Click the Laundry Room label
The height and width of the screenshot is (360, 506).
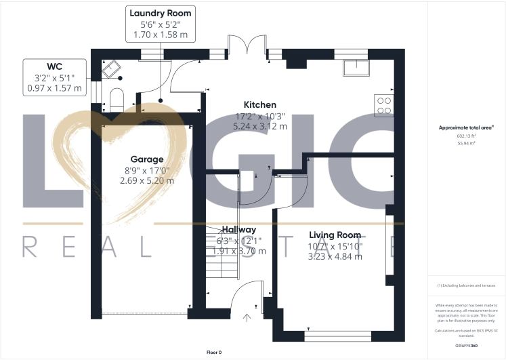click(160, 13)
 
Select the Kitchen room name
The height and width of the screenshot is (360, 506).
click(260, 105)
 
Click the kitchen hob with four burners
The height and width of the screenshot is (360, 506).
click(384, 104)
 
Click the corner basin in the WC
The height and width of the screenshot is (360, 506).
click(110, 67)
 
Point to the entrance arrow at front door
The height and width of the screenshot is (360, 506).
click(247, 316)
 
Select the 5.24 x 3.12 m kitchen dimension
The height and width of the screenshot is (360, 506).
click(260, 126)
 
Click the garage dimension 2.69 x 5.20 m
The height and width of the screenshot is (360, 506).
click(147, 180)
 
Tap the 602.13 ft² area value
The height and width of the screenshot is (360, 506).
click(467, 136)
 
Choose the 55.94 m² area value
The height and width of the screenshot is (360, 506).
click(467, 144)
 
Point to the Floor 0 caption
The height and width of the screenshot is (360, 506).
click(214, 353)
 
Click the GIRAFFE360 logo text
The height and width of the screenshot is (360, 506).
click(467, 346)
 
